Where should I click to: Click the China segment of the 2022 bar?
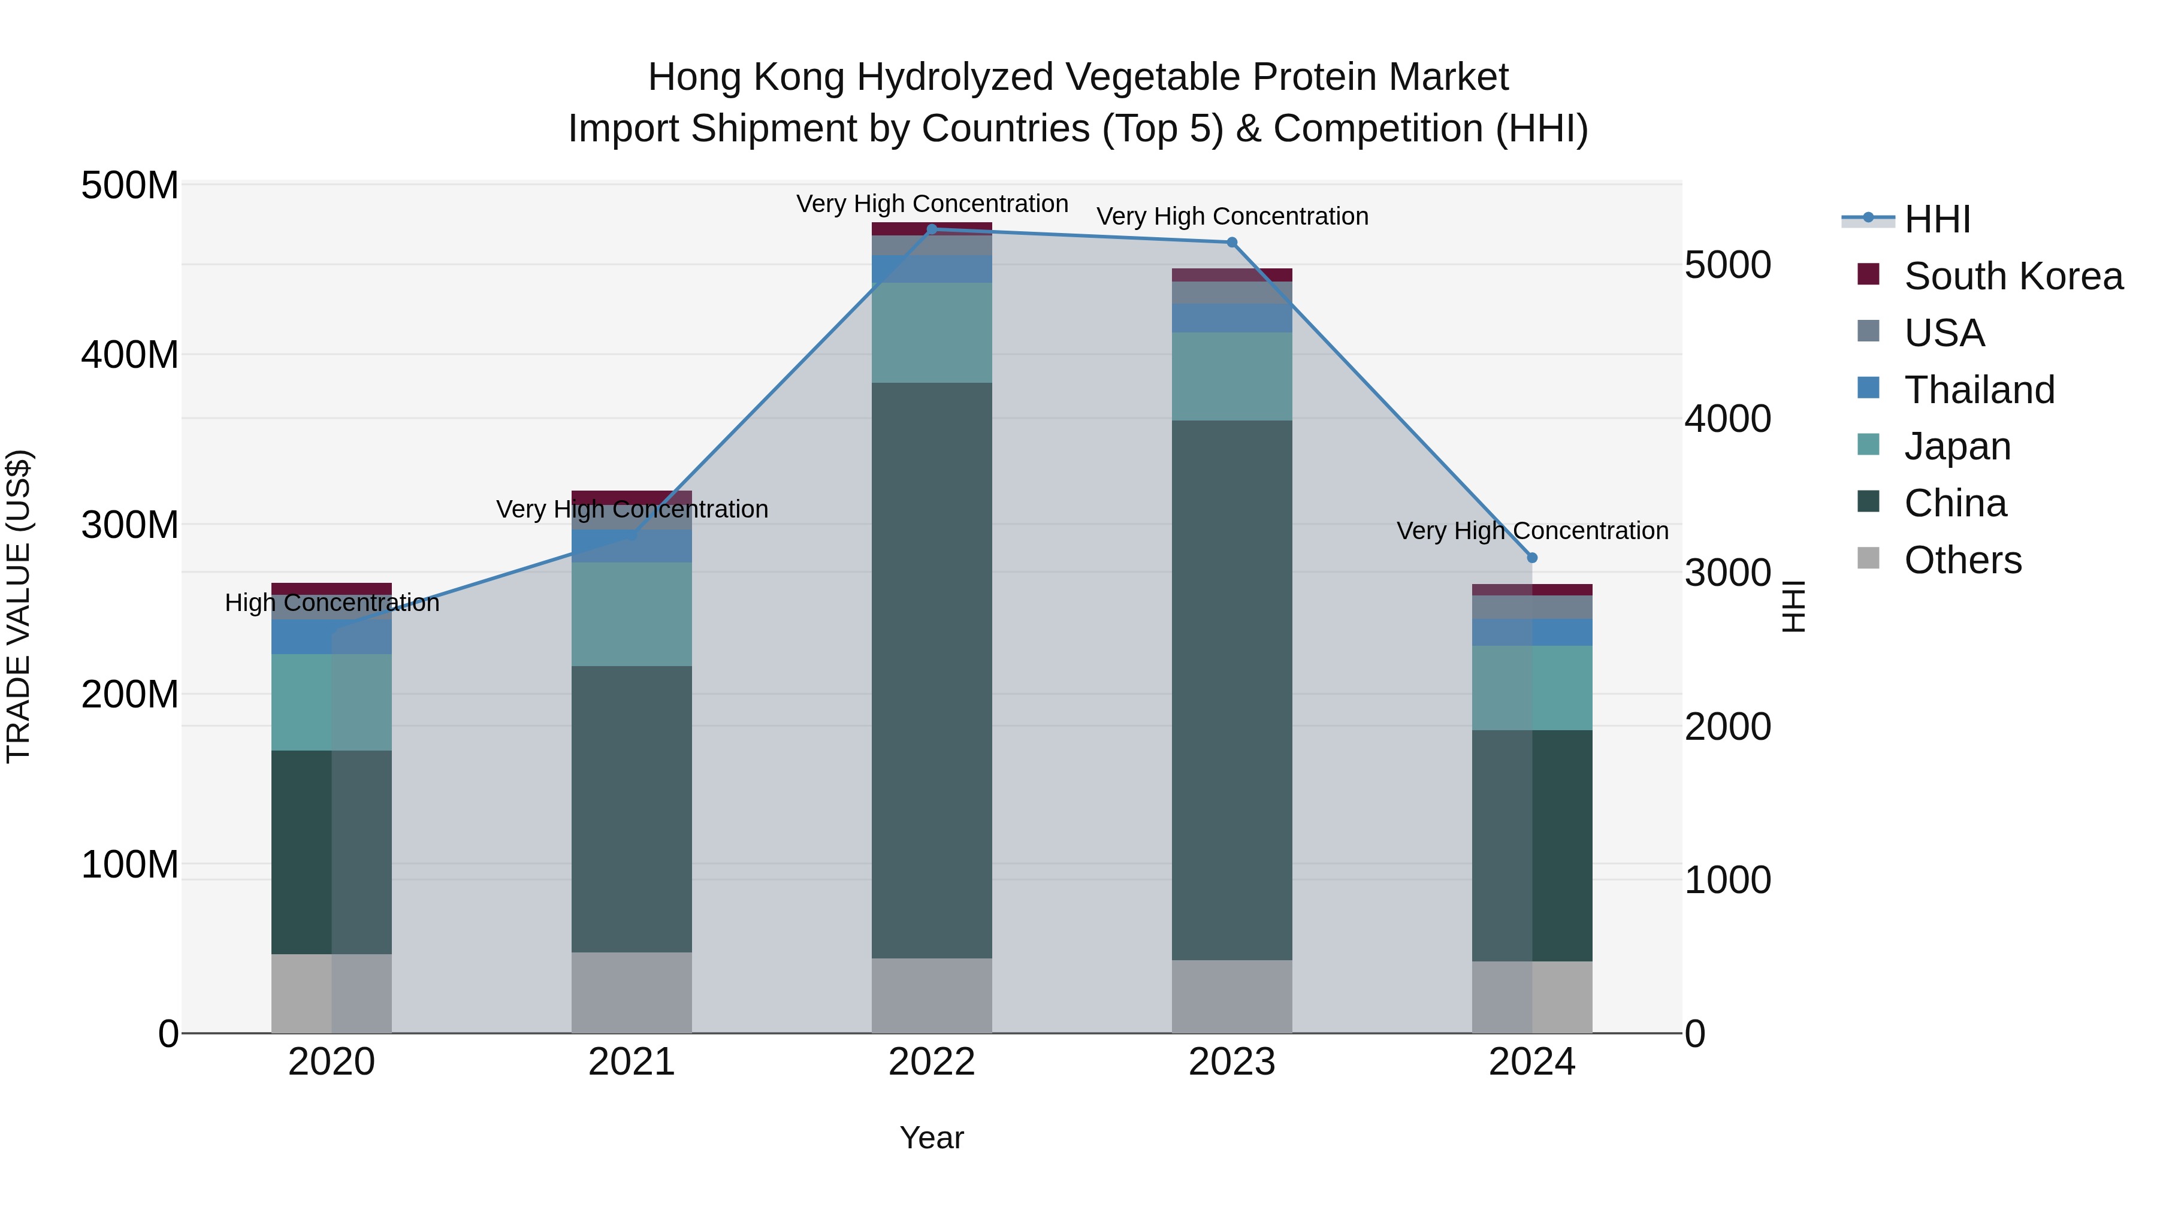pos(931,670)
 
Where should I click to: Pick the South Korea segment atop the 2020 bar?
pos(331,588)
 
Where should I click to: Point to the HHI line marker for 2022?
pos(931,229)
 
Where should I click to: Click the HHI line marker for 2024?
pos(1531,558)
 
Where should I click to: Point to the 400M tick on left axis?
pos(130,355)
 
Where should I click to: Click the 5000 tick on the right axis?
pos(1727,265)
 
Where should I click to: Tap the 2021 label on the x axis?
pos(632,1062)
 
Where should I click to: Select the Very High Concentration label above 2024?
pos(1531,531)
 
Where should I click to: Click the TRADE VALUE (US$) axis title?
pos(19,606)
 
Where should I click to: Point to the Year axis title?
pos(931,1138)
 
